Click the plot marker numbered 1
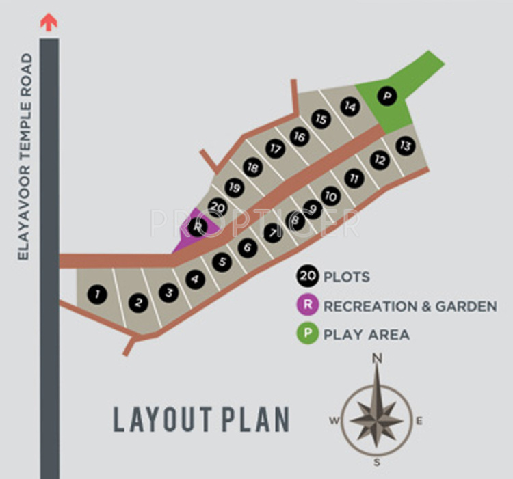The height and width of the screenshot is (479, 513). pyautogui.click(x=97, y=295)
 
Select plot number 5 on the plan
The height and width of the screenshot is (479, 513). pyautogui.click(x=221, y=262)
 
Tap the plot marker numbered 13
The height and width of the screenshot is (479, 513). pyautogui.click(x=406, y=146)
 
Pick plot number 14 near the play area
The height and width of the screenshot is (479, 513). pyautogui.click(x=350, y=107)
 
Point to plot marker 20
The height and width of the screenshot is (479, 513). pyautogui.click(x=218, y=206)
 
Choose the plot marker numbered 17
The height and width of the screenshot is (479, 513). pyautogui.click(x=275, y=149)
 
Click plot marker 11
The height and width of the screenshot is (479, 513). pyautogui.click(x=353, y=178)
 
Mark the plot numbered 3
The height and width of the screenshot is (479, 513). pyautogui.click(x=168, y=292)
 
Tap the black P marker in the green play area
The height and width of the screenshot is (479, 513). pyautogui.click(x=387, y=96)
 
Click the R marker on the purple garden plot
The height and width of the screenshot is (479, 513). pyautogui.click(x=197, y=226)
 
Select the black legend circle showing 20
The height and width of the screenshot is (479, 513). pyautogui.click(x=307, y=276)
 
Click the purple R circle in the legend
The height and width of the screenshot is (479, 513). pyautogui.click(x=308, y=305)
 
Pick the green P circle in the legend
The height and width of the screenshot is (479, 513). pyautogui.click(x=308, y=335)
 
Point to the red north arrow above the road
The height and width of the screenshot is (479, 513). pyautogui.click(x=49, y=22)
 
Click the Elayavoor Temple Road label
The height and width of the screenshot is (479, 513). pyautogui.click(x=25, y=156)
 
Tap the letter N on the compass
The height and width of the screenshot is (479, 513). pyautogui.click(x=376, y=359)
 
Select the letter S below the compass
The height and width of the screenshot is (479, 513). pyautogui.click(x=376, y=463)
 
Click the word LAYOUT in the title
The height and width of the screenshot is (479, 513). pyautogui.click(x=161, y=419)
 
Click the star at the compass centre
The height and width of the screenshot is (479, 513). pyautogui.click(x=376, y=411)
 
